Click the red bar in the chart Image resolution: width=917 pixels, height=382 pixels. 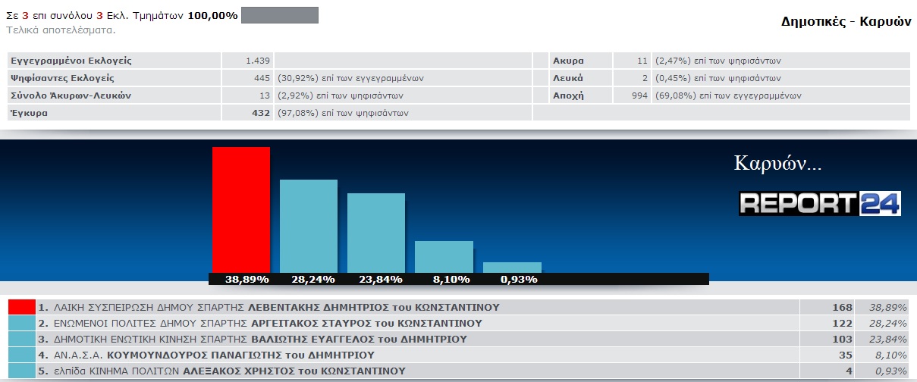click(240, 209)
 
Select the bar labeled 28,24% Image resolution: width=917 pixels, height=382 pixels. click(308, 226)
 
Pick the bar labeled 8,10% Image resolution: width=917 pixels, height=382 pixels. click(444, 256)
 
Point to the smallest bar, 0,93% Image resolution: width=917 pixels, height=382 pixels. click(512, 268)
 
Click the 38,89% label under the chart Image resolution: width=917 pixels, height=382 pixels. click(247, 279)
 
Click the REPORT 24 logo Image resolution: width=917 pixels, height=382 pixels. click(820, 203)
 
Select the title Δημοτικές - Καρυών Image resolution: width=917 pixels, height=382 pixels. click(845, 21)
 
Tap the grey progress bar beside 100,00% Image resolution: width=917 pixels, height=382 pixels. click(279, 15)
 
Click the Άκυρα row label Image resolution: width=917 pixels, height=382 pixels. click(568, 61)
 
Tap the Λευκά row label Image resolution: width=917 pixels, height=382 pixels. click(568, 78)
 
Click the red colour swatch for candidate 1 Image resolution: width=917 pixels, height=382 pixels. click(21, 307)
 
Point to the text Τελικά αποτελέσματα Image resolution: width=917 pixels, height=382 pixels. click(61, 30)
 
